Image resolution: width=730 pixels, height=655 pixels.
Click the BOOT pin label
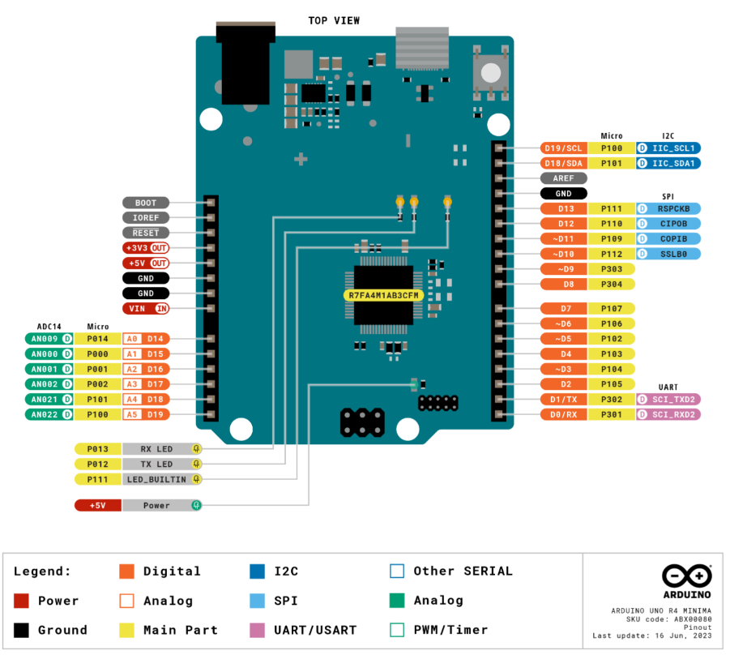pos(146,203)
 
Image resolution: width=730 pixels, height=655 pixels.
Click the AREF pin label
pos(563,178)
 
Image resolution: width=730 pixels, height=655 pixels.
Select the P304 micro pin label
pos(612,284)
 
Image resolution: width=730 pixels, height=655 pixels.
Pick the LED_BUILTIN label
pos(156,479)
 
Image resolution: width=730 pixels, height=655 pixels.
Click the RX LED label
pos(156,448)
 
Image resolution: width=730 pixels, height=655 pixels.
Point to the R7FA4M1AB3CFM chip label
pos(383,295)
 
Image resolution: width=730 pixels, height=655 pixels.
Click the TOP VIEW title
pos(334,20)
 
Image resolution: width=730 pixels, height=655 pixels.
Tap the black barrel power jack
pos(245,65)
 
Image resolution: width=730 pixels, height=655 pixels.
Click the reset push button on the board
pos(491,72)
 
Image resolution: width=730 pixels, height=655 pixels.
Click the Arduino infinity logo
pos(686,576)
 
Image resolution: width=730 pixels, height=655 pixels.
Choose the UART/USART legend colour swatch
pos(258,630)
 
